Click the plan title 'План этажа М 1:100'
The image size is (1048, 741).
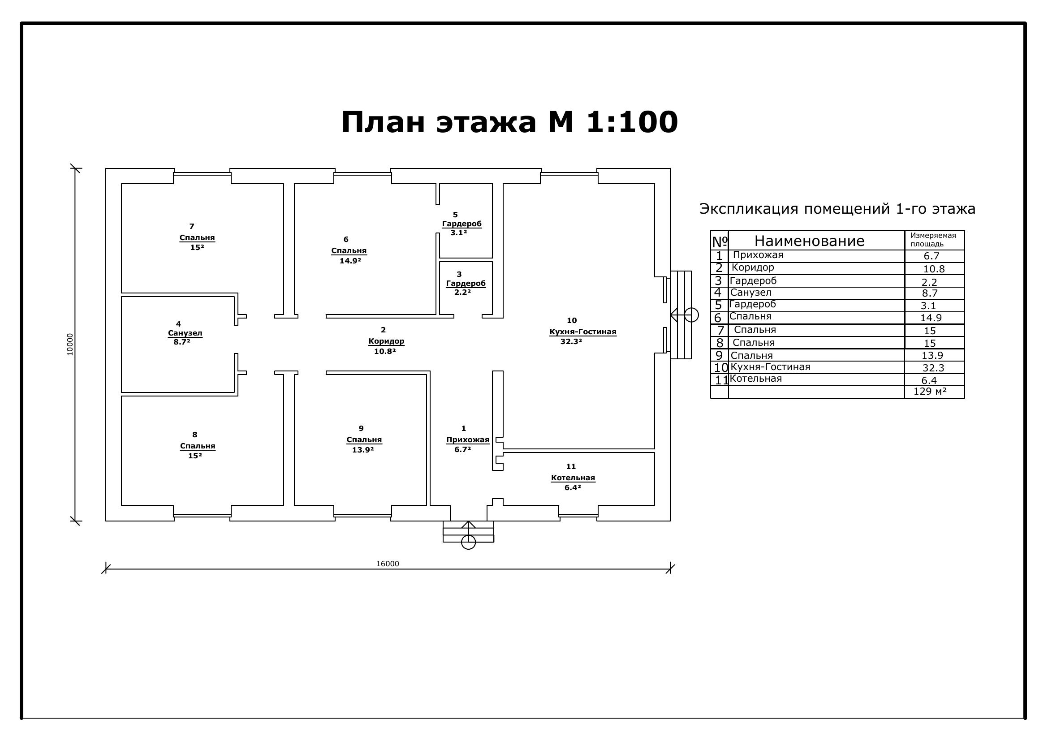click(509, 122)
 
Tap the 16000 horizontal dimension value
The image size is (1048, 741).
click(388, 564)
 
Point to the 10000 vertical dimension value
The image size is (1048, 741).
click(70, 345)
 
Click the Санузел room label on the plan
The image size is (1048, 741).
click(185, 333)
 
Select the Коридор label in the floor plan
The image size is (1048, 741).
click(386, 341)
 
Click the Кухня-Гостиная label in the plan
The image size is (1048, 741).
click(583, 332)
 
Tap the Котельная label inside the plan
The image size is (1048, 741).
click(573, 478)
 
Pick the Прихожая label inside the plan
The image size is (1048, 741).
click(467, 440)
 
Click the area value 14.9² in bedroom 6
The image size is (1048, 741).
click(350, 261)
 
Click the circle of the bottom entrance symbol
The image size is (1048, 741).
click(468, 542)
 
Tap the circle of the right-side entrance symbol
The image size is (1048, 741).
click(691, 315)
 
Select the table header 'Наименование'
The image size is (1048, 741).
click(809, 241)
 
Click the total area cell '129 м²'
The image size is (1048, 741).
click(930, 391)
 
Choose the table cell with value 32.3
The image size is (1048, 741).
click(933, 368)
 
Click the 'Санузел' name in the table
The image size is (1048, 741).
click(751, 293)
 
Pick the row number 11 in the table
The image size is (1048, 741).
click(722, 380)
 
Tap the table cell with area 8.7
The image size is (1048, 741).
click(930, 293)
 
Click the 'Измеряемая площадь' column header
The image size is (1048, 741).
click(933, 240)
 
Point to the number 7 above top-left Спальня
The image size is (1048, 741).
click(192, 226)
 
